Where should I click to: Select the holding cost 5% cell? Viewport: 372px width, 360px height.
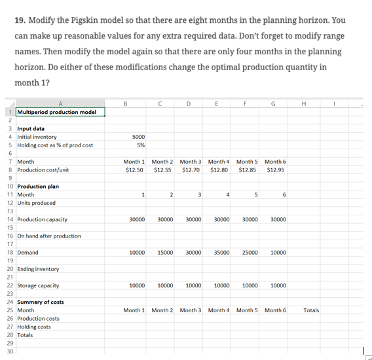pos(139,145)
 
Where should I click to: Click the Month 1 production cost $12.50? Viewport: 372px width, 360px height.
pos(134,170)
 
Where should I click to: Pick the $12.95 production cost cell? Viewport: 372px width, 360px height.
pos(276,170)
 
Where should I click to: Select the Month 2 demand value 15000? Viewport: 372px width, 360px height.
pos(164,252)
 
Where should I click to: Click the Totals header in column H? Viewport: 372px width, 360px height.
pos(311,310)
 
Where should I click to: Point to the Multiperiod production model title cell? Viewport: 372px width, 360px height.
pos(56,112)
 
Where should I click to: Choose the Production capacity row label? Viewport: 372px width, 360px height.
pos(42,219)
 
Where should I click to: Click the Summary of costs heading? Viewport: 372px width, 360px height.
pos(40,302)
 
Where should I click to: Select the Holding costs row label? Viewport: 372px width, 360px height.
pos(33,327)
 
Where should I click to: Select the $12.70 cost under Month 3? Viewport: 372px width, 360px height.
pos(190,170)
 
